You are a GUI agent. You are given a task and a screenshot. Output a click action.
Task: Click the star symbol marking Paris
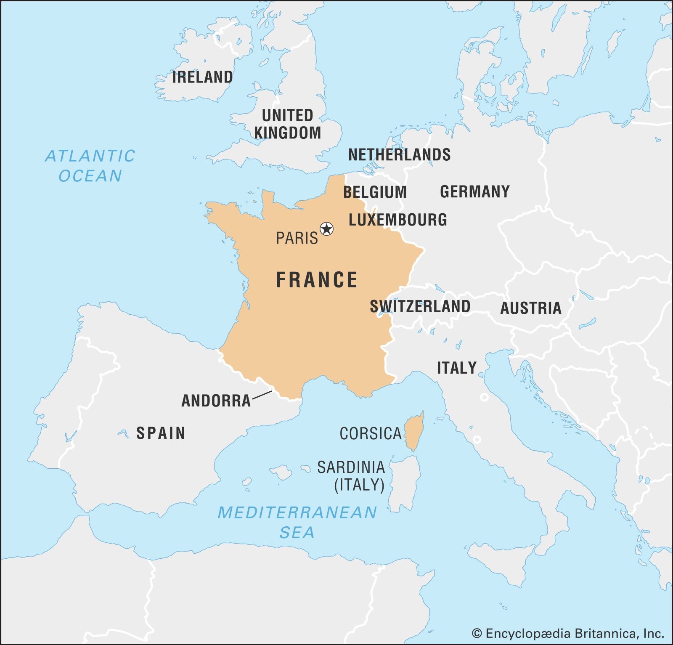pyautogui.click(x=326, y=229)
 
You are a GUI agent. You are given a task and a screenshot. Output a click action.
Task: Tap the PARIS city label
pyautogui.click(x=297, y=238)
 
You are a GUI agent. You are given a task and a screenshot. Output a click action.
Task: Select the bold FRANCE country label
pyautogui.click(x=316, y=280)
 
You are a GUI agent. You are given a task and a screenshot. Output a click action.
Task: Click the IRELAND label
pyautogui.click(x=202, y=77)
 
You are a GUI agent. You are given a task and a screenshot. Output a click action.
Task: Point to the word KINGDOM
pyautogui.click(x=288, y=133)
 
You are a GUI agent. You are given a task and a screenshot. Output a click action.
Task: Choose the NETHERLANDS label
pyautogui.click(x=399, y=155)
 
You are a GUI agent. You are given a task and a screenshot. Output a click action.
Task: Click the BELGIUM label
pyautogui.click(x=375, y=192)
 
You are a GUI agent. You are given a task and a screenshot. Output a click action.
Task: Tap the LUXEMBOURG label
pyautogui.click(x=397, y=220)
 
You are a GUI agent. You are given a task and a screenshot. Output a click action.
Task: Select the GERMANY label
pyautogui.click(x=474, y=192)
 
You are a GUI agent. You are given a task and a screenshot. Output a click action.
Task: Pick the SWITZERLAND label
pyautogui.click(x=420, y=306)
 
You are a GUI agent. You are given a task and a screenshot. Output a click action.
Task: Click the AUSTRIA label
pyautogui.click(x=530, y=308)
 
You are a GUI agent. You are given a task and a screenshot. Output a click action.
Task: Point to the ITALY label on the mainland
pyautogui.click(x=456, y=368)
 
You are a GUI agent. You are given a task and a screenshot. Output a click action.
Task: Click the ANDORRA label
pyautogui.click(x=216, y=401)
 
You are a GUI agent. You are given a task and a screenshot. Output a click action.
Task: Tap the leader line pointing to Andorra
pyautogui.click(x=262, y=395)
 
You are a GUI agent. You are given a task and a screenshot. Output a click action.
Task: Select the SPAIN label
pyautogui.click(x=161, y=433)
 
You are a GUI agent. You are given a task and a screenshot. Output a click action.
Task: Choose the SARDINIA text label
pyautogui.click(x=351, y=467)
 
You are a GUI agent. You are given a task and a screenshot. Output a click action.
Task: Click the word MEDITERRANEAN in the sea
pyautogui.click(x=297, y=512)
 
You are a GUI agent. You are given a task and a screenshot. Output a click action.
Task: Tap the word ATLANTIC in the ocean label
pyautogui.click(x=90, y=156)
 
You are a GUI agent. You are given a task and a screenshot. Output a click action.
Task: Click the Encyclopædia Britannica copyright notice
pyautogui.click(x=568, y=633)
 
